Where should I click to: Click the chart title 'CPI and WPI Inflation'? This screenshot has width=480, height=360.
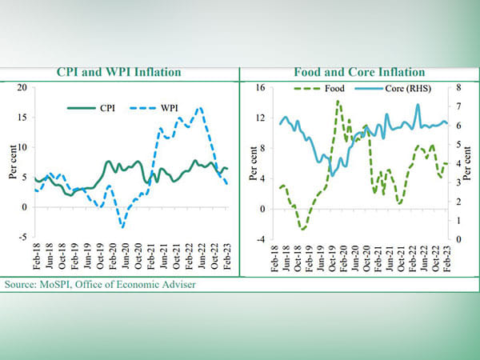[119, 73]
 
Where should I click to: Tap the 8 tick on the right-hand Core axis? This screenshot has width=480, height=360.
[458, 86]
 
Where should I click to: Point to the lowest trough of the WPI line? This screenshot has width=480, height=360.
[122, 226]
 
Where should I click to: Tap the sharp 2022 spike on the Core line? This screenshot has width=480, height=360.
[418, 105]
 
